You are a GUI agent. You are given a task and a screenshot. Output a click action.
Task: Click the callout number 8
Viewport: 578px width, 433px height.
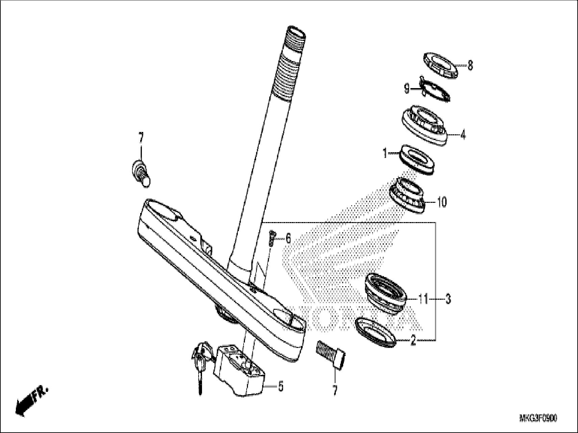(x=470, y=65)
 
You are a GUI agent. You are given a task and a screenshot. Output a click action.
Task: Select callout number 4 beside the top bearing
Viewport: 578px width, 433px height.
(x=463, y=135)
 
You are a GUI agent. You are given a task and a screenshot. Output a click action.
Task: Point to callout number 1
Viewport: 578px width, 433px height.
(x=384, y=154)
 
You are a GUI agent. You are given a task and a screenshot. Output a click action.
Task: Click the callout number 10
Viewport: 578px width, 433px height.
(x=442, y=202)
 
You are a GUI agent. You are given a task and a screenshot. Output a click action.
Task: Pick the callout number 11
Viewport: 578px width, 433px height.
(x=423, y=299)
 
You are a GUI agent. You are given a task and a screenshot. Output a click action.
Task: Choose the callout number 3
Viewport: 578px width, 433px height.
(x=448, y=299)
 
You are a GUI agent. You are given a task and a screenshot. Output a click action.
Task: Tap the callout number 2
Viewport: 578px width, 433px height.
(x=413, y=341)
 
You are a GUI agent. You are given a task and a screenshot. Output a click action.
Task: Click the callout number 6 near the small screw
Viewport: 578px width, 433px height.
(x=288, y=239)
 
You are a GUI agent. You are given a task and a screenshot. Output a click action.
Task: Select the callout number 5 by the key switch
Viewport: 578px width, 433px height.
(x=281, y=386)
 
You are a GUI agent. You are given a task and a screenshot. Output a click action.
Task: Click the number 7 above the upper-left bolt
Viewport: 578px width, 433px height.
(x=141, y=138)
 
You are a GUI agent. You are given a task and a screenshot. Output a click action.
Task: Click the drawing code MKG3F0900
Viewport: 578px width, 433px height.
(x=538, y=418)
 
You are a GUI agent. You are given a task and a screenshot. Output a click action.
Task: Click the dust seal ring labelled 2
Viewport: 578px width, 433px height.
(x=375, y=332)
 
